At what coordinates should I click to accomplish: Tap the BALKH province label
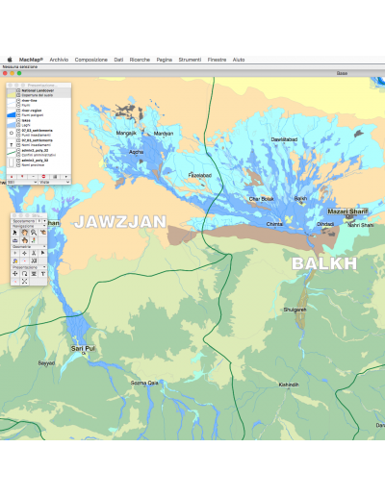(x=324, y=262)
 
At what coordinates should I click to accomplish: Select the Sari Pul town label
(x=83, y=348)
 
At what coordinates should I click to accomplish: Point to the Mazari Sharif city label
(x=347, y=211)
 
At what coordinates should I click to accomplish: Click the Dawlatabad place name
(x=285, y=139)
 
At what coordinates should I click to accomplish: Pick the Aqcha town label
(x=136, y=152)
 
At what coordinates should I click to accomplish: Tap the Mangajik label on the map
(x=126, y=133)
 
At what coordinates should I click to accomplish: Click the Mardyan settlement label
(x=164, y=134)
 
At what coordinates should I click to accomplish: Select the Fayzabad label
(x=199, y=175)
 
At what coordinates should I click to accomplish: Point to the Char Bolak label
(x=261, y=199)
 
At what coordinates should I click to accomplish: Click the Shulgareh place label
(x=295, y=310)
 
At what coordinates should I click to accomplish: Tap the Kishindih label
(x=289, y=385)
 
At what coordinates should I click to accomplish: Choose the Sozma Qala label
(x=144, y=383)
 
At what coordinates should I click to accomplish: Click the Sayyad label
(x=45, y=363)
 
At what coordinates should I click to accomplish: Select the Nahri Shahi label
(x=360, y=225)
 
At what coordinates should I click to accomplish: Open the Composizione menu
(x=91, y=60)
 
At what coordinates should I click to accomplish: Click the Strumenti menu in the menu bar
(x=190, y=60)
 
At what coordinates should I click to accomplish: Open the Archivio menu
(x=59, y=60)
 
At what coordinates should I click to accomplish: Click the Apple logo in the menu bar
(x=10, y=60)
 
